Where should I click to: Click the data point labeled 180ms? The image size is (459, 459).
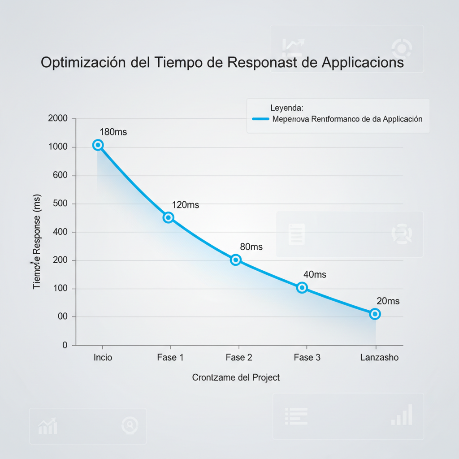point(98,145)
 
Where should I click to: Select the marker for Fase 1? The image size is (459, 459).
point(169,217)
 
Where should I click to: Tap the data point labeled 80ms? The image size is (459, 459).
point(236,260)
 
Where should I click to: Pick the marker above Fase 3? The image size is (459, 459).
point(302,288)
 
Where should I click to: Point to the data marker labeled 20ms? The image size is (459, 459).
point(375,314)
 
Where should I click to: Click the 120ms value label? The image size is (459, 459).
point(186,205)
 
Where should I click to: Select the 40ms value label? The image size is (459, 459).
point(315,274)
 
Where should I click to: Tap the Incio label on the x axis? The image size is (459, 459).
point(103,358)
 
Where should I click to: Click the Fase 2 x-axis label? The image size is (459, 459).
point(239,358)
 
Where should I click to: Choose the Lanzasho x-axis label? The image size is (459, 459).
point(379,358)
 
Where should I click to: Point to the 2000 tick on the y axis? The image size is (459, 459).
point(57,118)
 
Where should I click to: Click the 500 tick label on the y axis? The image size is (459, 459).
point(60,204)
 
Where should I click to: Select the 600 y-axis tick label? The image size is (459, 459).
point(60,175)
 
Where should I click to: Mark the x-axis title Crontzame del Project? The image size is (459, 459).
point(236,377)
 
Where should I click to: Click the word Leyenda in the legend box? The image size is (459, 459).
point(287,108)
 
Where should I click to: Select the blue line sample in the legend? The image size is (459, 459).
point(260,119)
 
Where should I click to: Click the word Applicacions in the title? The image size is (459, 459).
point(362,62)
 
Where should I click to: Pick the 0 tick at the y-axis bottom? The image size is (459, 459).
point(65,345)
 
